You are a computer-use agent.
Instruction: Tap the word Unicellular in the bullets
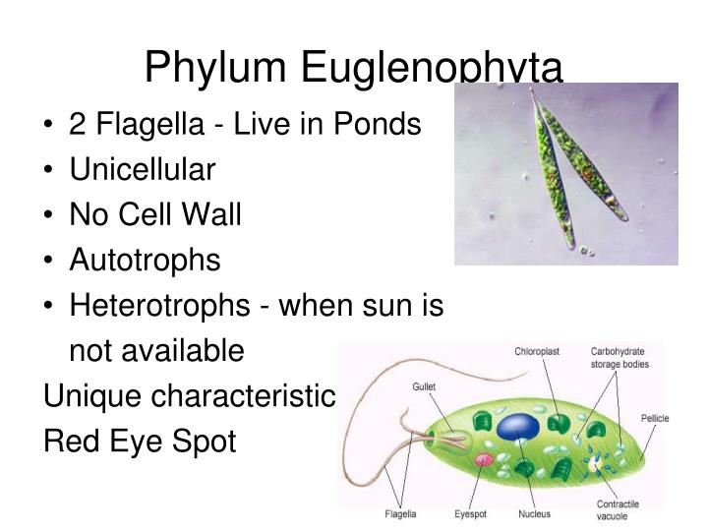tap(142, 170)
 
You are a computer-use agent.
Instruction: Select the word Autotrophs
tap(145, 260)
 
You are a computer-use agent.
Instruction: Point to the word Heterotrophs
tap(159, 306)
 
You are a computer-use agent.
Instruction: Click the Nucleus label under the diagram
tap(535, 514)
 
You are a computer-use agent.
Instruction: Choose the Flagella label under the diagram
tap(400, 514)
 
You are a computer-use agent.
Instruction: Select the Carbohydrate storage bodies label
tap(619, 357)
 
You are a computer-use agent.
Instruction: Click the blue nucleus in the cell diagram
tap(518, 426)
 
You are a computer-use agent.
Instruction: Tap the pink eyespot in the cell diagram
tap(483, 459)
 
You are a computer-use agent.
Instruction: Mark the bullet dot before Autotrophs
tap(49, 261)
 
